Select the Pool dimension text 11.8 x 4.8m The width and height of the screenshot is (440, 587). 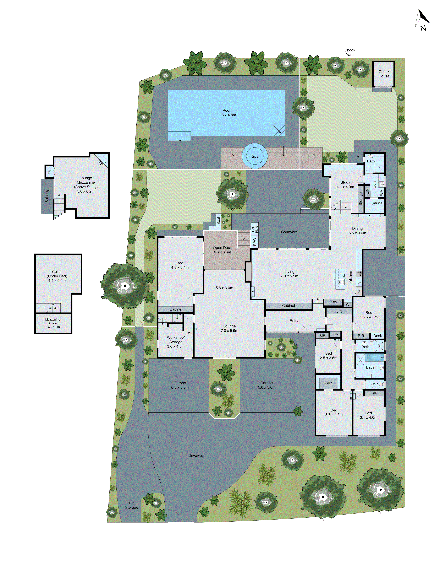226,115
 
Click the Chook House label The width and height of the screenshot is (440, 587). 384,74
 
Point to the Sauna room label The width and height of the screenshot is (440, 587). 377,203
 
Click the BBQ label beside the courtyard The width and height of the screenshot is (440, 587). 255,242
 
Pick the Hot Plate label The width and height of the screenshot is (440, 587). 255,229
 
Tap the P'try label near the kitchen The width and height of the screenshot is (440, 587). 333,302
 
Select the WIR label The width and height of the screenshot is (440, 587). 328,383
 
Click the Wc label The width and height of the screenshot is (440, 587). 376,384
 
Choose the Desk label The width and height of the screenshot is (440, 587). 377,336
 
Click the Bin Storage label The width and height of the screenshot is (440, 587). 132,505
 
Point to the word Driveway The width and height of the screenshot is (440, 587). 196,455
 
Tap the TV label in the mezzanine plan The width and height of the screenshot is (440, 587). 49,172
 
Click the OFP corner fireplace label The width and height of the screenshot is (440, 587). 100,162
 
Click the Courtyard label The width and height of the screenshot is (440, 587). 289,232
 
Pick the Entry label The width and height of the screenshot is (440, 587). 294,321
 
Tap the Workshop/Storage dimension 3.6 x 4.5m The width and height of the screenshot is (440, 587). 176,346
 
